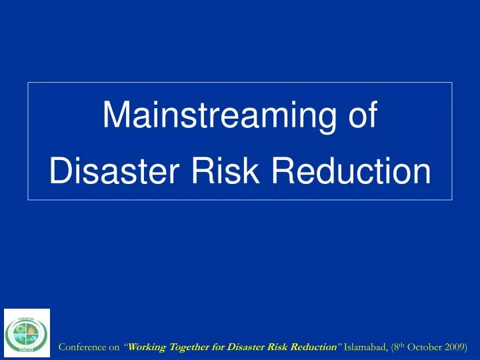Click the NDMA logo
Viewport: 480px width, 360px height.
pos(27,333)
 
